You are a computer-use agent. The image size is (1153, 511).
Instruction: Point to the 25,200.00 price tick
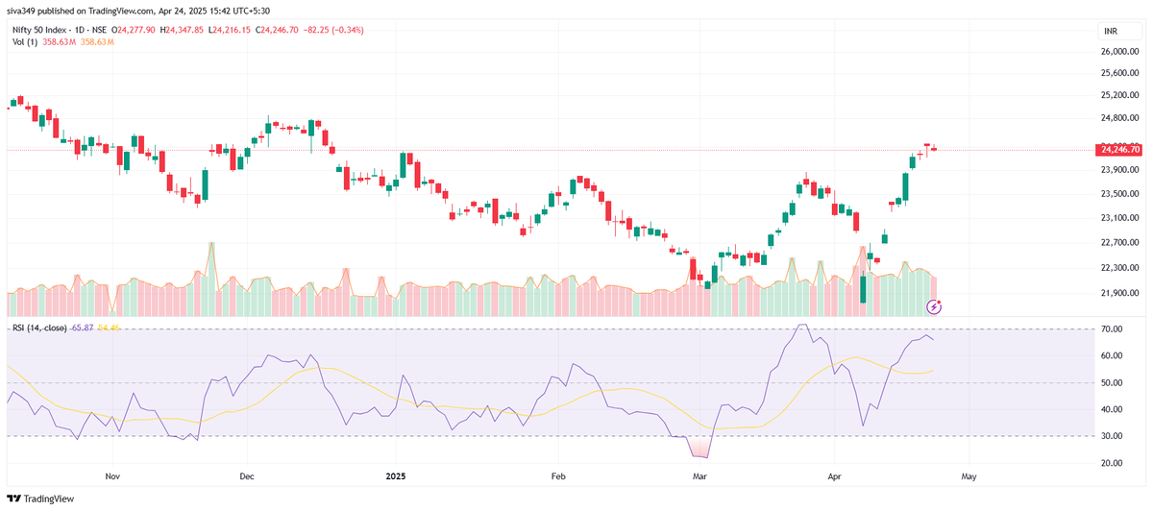point(1118,95)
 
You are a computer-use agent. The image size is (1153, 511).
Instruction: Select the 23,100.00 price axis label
point(1118,218)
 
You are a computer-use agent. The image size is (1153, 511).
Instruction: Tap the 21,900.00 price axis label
point(1118,294)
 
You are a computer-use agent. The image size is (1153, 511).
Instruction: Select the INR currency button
point(1112,31)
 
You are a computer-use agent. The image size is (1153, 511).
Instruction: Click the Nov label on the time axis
point(111,475)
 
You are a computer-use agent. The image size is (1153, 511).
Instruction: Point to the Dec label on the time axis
point(246,475)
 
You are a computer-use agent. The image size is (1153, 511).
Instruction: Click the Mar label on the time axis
point(699,475)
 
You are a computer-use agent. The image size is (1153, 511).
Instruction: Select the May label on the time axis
point(969,475)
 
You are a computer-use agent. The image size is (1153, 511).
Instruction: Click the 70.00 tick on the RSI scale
point(1112,329)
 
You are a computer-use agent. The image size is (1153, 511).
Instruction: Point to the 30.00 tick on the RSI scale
point(1112,436)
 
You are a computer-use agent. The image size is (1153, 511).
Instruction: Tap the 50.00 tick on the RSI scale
point(1112,383)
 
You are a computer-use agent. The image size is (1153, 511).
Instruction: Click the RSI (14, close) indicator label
point(38,328)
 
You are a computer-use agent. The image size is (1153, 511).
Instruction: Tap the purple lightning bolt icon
point(933,306)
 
